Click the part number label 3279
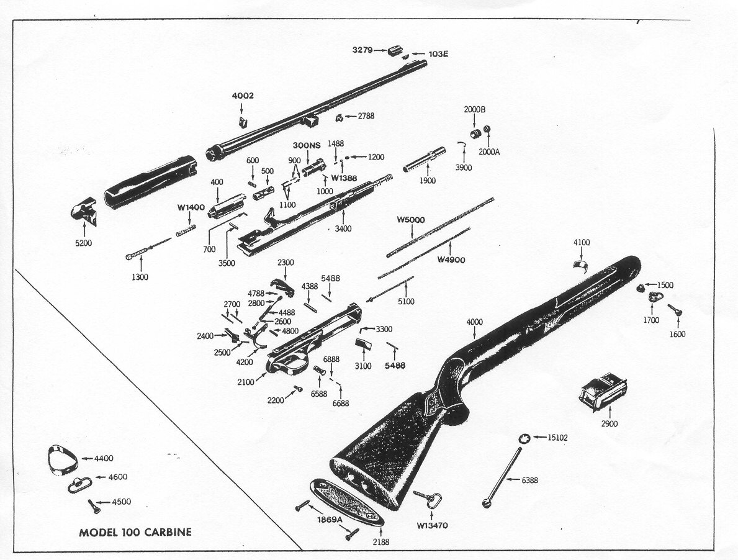[362, 50]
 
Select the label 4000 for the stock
[474, 322]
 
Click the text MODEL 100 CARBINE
[135, 532]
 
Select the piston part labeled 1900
[424, 160]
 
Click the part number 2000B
[475, 109]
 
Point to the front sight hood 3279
[396, 50]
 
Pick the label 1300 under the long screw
[140, 277]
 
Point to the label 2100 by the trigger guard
[246, 382]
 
